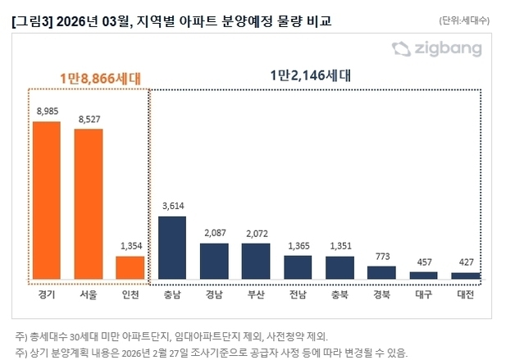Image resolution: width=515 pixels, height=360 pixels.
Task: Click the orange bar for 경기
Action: point(47,200)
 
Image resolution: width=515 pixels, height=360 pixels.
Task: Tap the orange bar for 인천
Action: point(130,267)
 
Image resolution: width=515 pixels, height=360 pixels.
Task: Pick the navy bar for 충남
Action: point(171,248)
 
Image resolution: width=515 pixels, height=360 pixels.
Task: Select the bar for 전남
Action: point(298,267)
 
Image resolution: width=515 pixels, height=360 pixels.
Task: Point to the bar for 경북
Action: point(381,272)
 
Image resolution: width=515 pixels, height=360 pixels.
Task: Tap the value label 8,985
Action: point(47,111)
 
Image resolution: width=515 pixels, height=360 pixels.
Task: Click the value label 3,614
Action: point(171,206)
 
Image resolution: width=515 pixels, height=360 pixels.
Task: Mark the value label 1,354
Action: point(130,245)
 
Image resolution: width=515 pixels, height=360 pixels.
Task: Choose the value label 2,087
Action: point(213,232)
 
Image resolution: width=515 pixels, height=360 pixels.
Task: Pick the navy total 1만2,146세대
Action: point(310,75)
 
